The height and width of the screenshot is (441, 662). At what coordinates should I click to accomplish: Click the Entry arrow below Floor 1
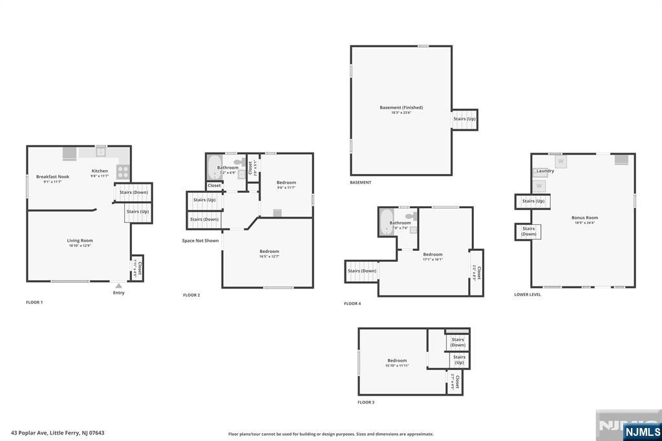(x=118, y=285)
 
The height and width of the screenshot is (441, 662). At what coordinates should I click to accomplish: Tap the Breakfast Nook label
(x=52, y=177)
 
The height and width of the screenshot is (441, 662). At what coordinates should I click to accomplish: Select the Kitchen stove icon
(x=122, y=171)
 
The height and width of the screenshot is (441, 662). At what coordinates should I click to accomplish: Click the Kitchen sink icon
(x=101, y=152)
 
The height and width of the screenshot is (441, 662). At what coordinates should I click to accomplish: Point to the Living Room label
(x=80, y=241)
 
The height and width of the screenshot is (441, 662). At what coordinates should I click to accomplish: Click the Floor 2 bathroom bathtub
(x=214, y=167)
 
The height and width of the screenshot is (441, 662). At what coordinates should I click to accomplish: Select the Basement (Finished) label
(x=401, y=107)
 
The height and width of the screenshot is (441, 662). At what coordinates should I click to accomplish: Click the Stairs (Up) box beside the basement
(x=464, y=119)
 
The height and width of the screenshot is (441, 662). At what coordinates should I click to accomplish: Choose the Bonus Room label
(x=584, y=218)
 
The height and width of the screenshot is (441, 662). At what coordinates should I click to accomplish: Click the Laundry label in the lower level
(x=545, y=171)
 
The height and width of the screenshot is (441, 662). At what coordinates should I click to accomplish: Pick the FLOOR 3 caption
(x=366, y=402)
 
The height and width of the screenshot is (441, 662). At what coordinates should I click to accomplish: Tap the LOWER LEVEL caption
(x=528, y=294)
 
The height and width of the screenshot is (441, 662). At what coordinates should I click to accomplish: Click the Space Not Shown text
(x=200, y=241)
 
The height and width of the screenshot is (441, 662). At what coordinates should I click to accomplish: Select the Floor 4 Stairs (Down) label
(x=362, y=271)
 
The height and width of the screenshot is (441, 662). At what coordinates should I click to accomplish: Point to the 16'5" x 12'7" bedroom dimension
(x=270, y=257)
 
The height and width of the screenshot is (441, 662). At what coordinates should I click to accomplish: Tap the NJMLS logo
(x=643, y=431)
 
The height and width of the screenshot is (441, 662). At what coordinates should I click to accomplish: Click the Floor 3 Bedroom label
(x=397, y=360)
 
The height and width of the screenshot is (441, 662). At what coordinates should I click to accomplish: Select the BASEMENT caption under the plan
(x=361, y=182)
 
